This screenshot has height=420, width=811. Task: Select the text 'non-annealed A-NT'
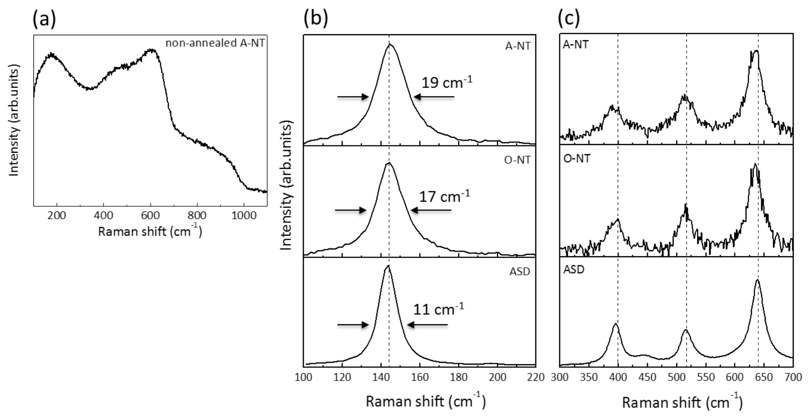point(215,44)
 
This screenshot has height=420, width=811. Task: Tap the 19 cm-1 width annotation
point(446,82)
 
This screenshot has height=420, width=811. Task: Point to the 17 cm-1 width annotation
point(444,196)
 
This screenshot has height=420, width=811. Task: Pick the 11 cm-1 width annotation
point(438,309)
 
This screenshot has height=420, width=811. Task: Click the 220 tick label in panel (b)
point(535,377)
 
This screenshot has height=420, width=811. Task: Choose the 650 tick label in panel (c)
point(764,377)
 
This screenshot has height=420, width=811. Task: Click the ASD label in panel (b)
point(519,272)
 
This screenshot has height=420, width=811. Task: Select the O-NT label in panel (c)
point(577,159)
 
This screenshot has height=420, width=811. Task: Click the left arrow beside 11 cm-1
point(353,325)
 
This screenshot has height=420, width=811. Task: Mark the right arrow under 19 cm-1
point(434,97)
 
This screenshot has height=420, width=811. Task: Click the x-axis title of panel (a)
point(150,231)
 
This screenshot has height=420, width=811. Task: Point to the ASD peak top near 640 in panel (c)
point(757,280)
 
